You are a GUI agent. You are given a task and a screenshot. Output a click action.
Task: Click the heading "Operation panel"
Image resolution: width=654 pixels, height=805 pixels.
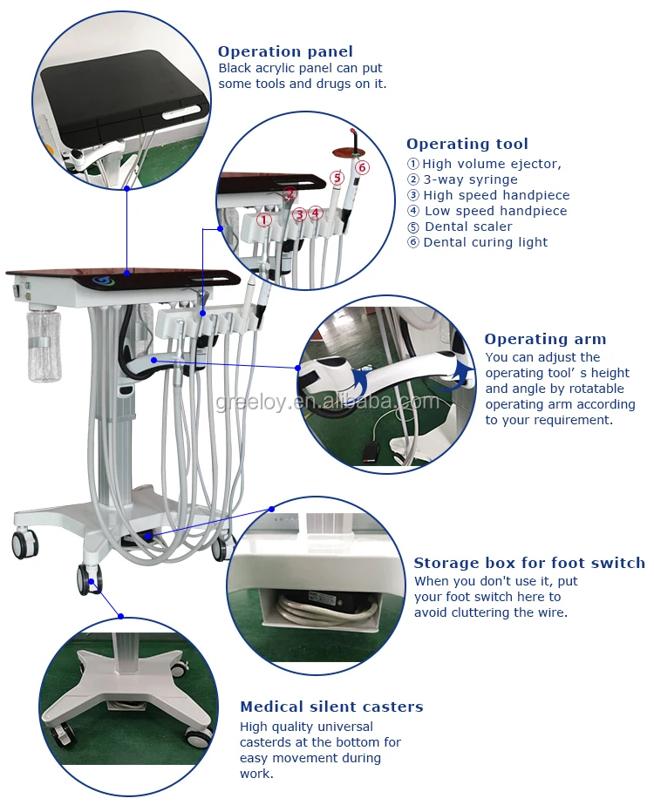pos(285,51)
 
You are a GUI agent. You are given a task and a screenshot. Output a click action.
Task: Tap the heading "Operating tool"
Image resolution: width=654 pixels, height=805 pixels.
pos(467,145)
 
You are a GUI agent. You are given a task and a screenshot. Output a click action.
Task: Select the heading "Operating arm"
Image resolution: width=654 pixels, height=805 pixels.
pos(545,339)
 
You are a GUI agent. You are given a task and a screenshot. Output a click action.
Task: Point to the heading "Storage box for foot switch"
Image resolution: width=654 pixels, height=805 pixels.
pos(529,563)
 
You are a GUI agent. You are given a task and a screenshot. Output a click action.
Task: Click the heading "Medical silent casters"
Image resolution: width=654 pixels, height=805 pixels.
pos(331,707)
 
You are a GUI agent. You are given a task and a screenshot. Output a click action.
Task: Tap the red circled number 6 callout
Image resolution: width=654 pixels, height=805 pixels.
pos(362,167)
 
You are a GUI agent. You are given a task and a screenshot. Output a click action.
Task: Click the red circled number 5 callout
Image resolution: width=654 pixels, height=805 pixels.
pos(337,178)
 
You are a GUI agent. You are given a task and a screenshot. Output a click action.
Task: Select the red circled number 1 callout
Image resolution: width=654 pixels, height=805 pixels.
pos(264,220)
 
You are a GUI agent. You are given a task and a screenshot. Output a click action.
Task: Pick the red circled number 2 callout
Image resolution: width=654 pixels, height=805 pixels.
pos(290,193)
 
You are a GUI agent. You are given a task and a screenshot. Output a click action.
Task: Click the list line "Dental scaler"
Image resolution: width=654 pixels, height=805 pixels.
pos(460,227)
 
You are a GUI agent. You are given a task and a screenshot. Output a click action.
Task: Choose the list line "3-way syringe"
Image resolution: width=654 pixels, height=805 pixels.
pos(462,179)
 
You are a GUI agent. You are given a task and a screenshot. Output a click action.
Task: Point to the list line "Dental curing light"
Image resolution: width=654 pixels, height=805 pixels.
pos(478,242)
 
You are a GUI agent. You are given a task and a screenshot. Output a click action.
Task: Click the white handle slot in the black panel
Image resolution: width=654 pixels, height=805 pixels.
pos(183,112)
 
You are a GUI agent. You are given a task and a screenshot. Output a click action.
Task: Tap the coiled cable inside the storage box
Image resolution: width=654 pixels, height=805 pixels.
pos(328,611)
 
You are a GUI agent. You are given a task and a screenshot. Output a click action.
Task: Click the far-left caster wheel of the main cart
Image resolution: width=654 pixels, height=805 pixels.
pos(24,545)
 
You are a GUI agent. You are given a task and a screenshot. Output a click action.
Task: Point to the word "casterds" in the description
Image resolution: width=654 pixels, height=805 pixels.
pos(267,742)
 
